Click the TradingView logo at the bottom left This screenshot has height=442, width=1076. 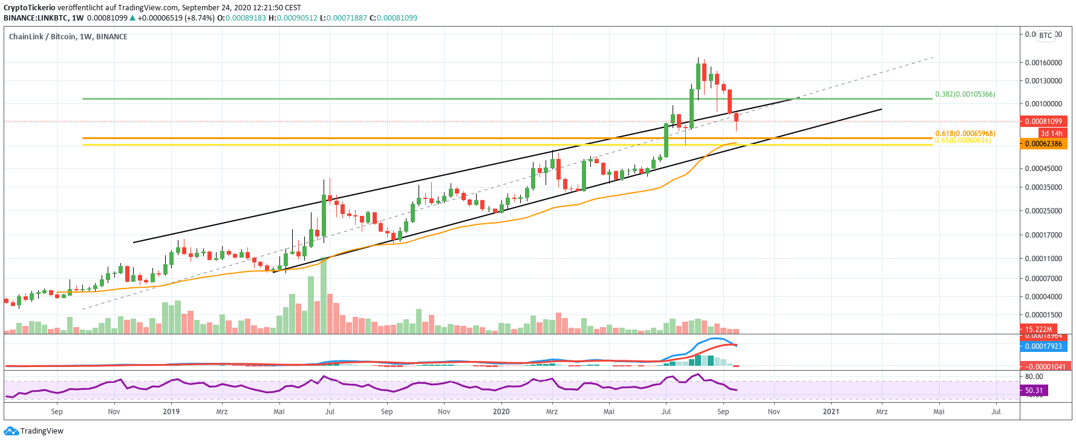coord(34,431)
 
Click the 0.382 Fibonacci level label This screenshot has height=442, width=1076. coord(965,94)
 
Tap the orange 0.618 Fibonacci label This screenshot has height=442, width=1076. coord(965,133)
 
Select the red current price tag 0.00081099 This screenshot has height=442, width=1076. coord(1043,122)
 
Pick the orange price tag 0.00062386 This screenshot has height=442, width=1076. coord(1043,144)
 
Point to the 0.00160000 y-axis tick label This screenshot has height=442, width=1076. coord(1043,63)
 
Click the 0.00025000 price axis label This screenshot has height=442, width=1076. coord(1043,211)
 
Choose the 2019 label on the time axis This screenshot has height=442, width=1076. coord(171,412)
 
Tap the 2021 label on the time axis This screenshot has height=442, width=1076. coord(831,412)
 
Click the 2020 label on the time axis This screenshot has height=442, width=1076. coord(501,412)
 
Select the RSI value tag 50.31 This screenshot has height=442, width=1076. coord(1034,391)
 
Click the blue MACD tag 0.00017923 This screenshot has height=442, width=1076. coord(1043,346)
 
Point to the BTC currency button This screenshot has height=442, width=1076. coord(1046,36)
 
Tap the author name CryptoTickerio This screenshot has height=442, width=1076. coord(30,8)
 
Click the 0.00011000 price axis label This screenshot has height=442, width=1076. coord(1043,259)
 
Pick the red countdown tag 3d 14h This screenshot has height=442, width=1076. coord(1051,133)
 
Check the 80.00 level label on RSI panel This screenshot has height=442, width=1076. coord(1034,377)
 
